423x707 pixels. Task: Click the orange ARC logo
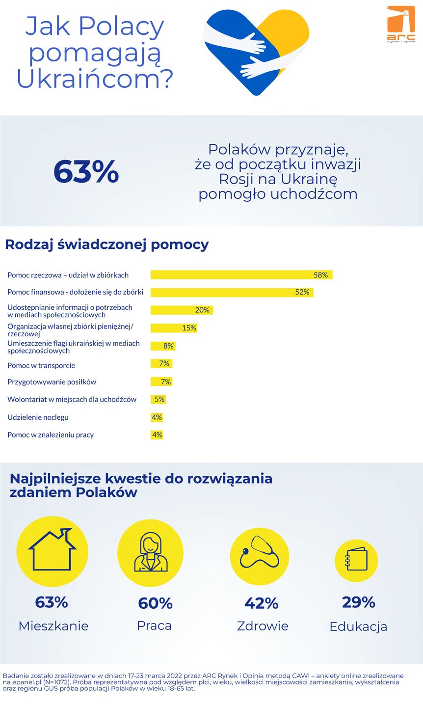tap(401, 24)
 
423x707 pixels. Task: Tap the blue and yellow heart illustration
tap(256, 52)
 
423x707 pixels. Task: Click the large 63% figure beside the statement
tap(86, 171)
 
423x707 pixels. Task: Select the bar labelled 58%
tap(241, 275)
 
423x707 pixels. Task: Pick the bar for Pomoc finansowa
tap(231, 292)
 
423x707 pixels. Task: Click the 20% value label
tap(202, 310)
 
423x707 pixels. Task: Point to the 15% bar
tap(174, 328)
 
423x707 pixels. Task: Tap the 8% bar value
tap(168, 346)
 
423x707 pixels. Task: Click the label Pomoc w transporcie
tap(41, 365)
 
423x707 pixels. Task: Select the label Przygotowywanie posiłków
tap(52, 382)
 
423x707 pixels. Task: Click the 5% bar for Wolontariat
tap(158, 400)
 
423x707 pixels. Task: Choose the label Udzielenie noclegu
tap(38, 417)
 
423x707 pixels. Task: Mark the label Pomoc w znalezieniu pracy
tap(51, 435)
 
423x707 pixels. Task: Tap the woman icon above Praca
tap(151, 553)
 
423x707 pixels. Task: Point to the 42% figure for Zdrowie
tap(261, 603)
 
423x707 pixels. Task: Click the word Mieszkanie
tap(53, 626)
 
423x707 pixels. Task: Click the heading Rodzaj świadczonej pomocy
tap(107, 245)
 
